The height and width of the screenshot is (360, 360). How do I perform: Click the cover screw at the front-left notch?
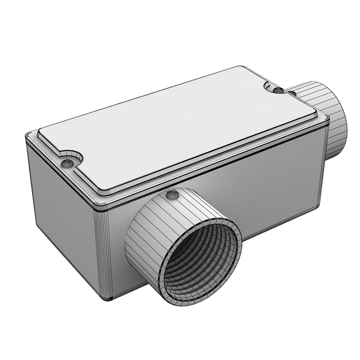tap(67, 163)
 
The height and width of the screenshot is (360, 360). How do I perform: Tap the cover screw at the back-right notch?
tap(277, 90)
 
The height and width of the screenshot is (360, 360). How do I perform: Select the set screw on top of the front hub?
tap(172, 195)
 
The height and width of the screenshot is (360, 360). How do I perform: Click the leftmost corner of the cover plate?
tap(39, 133)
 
